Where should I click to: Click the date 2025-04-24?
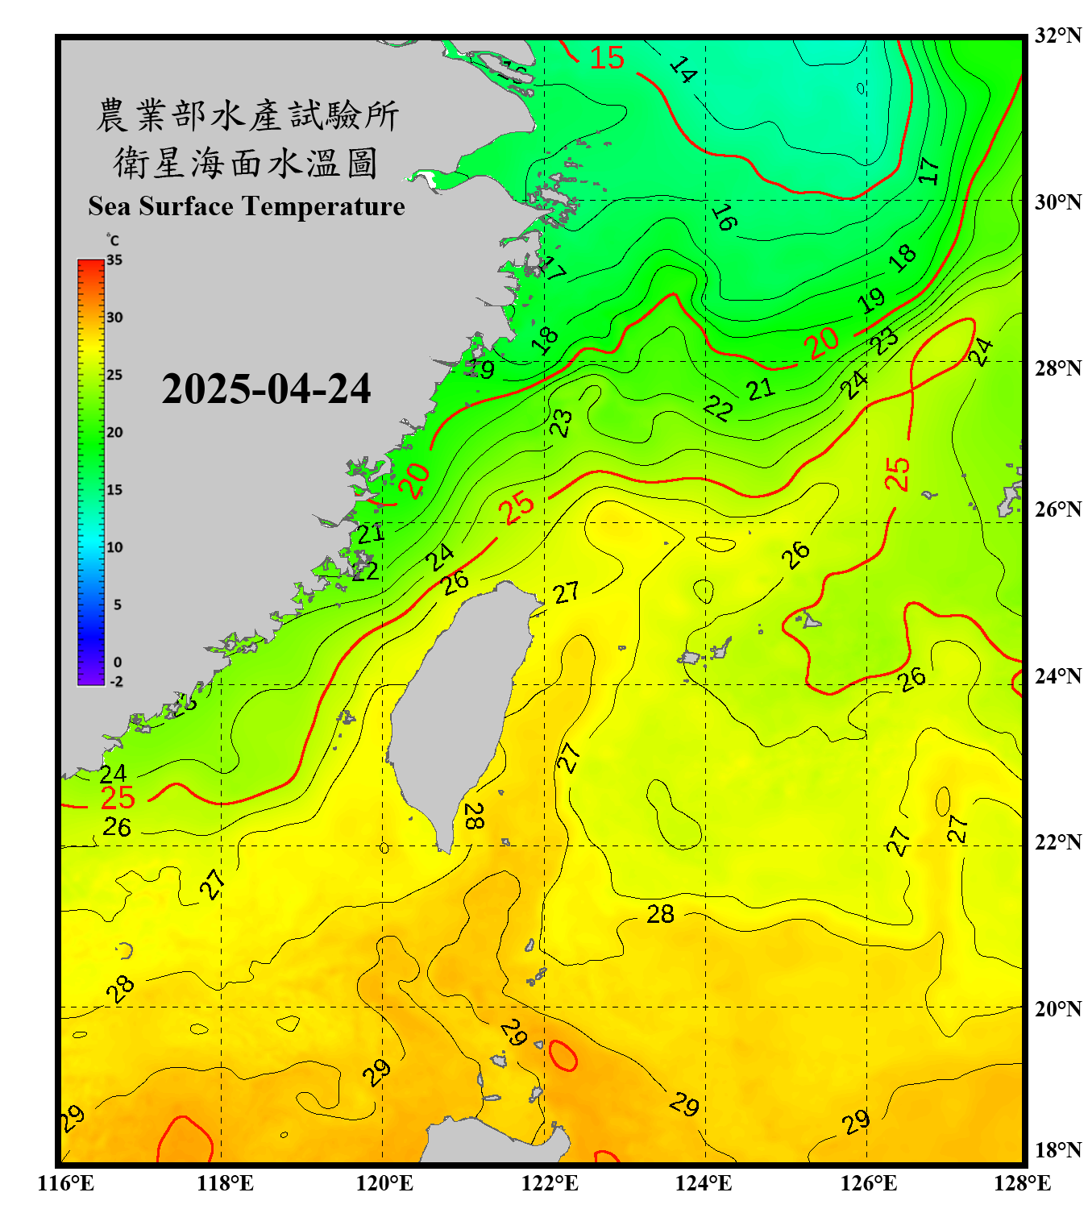[266, 388]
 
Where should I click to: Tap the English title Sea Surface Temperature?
[247, 206]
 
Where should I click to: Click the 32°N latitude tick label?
[1057, 35]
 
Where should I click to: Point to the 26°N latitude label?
[1057, 509]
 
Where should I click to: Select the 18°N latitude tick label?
[1057, 1150]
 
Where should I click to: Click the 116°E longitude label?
[66, 1183]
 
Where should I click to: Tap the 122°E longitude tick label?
[550, 1183]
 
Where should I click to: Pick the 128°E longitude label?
[1022, 1183]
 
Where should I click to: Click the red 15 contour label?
[607, 58]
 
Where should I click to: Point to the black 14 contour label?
[683, 70]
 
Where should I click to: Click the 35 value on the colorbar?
[114, 260]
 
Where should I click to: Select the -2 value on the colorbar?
[116, 682]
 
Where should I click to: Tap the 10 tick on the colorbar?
[114, 547]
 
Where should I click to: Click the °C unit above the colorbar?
[113, 240]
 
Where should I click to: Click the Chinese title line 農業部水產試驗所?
[247, 115]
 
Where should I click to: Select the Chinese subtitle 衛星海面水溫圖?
[246, 163]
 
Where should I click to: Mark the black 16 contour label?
[723, 217]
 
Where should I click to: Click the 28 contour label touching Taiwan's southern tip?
[474, 816]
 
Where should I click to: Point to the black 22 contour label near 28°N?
[717, 409]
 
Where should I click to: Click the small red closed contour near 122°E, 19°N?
[563, 1055]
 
